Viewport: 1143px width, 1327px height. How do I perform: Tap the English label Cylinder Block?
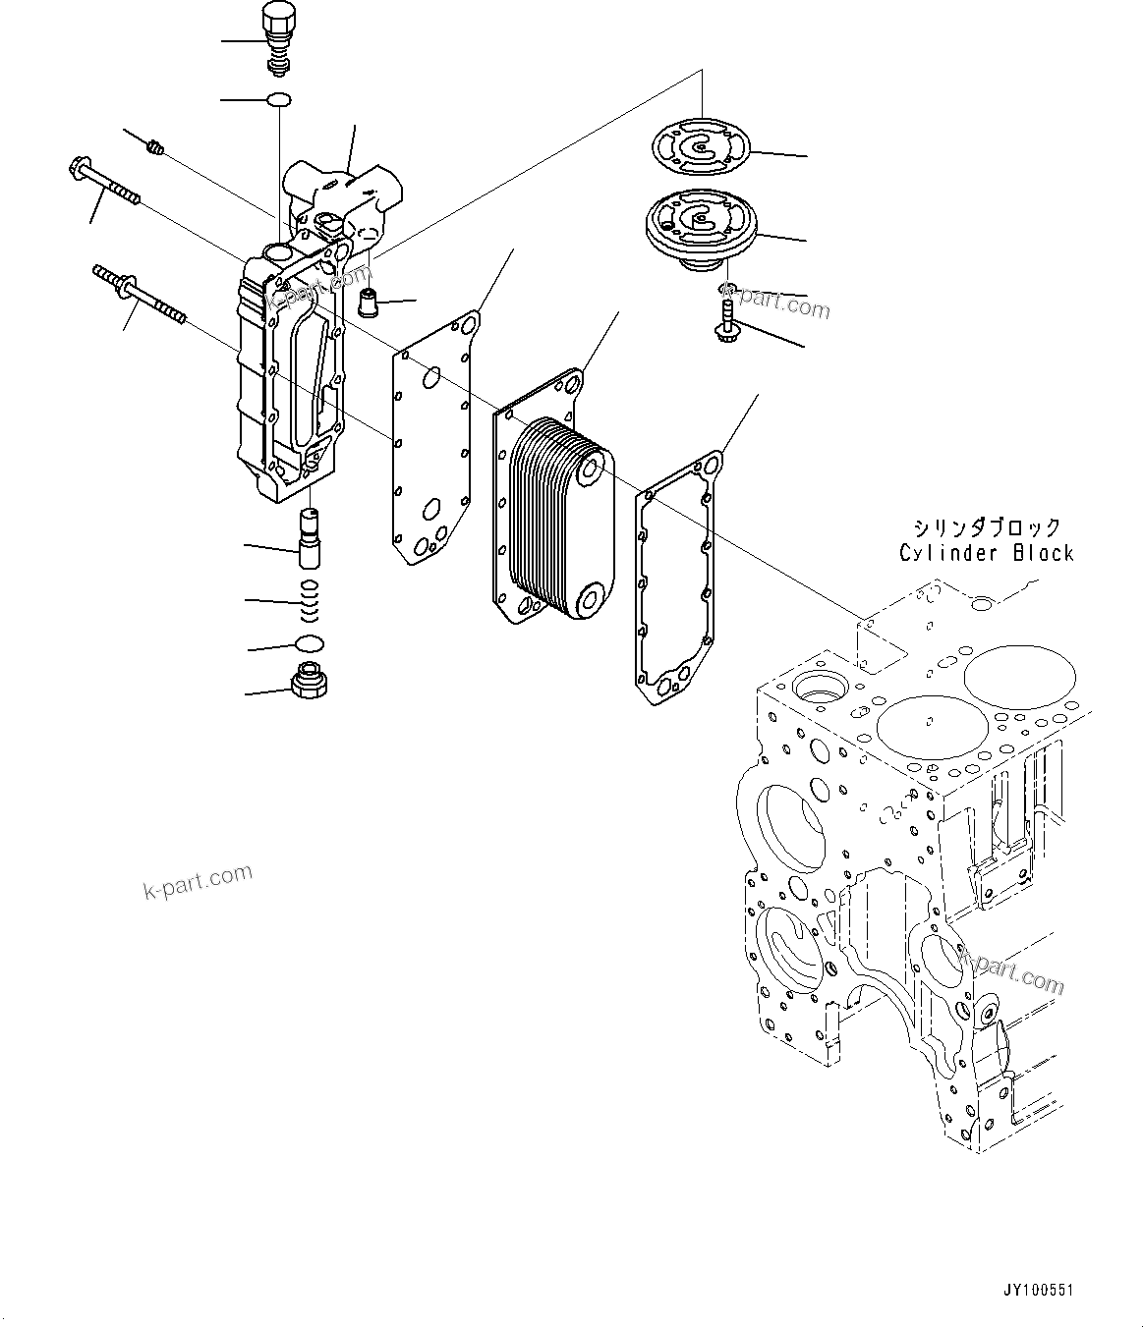tap(986, 553)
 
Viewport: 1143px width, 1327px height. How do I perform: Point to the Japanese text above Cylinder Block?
tap(986, 527)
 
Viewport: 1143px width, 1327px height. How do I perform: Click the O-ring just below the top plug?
tap(280, 99)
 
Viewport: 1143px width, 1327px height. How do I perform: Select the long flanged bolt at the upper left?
tap(104, 183)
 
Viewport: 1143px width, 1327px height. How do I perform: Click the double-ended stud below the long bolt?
tap(139, 292)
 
